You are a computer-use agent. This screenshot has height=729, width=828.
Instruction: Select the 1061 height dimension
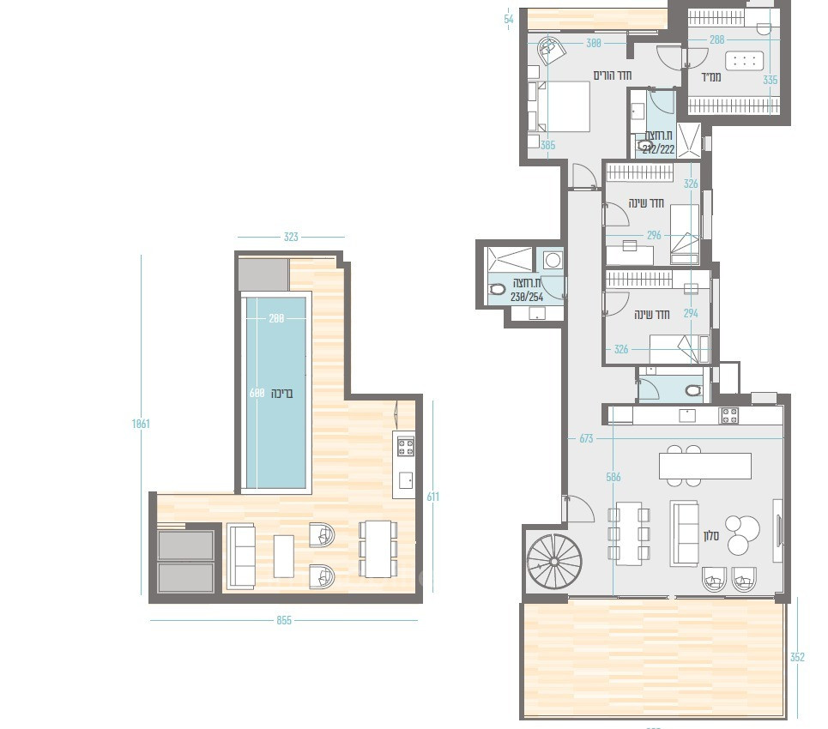(141, 424)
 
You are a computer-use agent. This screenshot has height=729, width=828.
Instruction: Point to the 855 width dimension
(284, 620)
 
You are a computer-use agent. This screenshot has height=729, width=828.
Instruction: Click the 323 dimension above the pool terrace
(291, 237)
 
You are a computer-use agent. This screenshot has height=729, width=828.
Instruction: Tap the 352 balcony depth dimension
(797, 658)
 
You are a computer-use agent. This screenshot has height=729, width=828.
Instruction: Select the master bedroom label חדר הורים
(613, 75)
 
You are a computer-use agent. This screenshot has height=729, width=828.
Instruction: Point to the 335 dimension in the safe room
(770, 80)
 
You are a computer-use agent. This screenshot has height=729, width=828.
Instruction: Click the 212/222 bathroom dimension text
(659, 148)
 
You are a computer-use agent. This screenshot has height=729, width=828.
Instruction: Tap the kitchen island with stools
(704, 465)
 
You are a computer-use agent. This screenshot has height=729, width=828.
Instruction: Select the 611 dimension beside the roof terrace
(432, 497)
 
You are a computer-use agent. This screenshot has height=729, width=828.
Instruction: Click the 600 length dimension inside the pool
(255, 394)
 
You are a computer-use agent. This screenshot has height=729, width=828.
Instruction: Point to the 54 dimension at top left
(510, 19)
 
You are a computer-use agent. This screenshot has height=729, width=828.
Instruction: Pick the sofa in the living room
(684, 533)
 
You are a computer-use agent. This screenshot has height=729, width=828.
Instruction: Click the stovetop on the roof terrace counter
(405, 446)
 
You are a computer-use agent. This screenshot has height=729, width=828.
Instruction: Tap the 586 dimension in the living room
(613, 477)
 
